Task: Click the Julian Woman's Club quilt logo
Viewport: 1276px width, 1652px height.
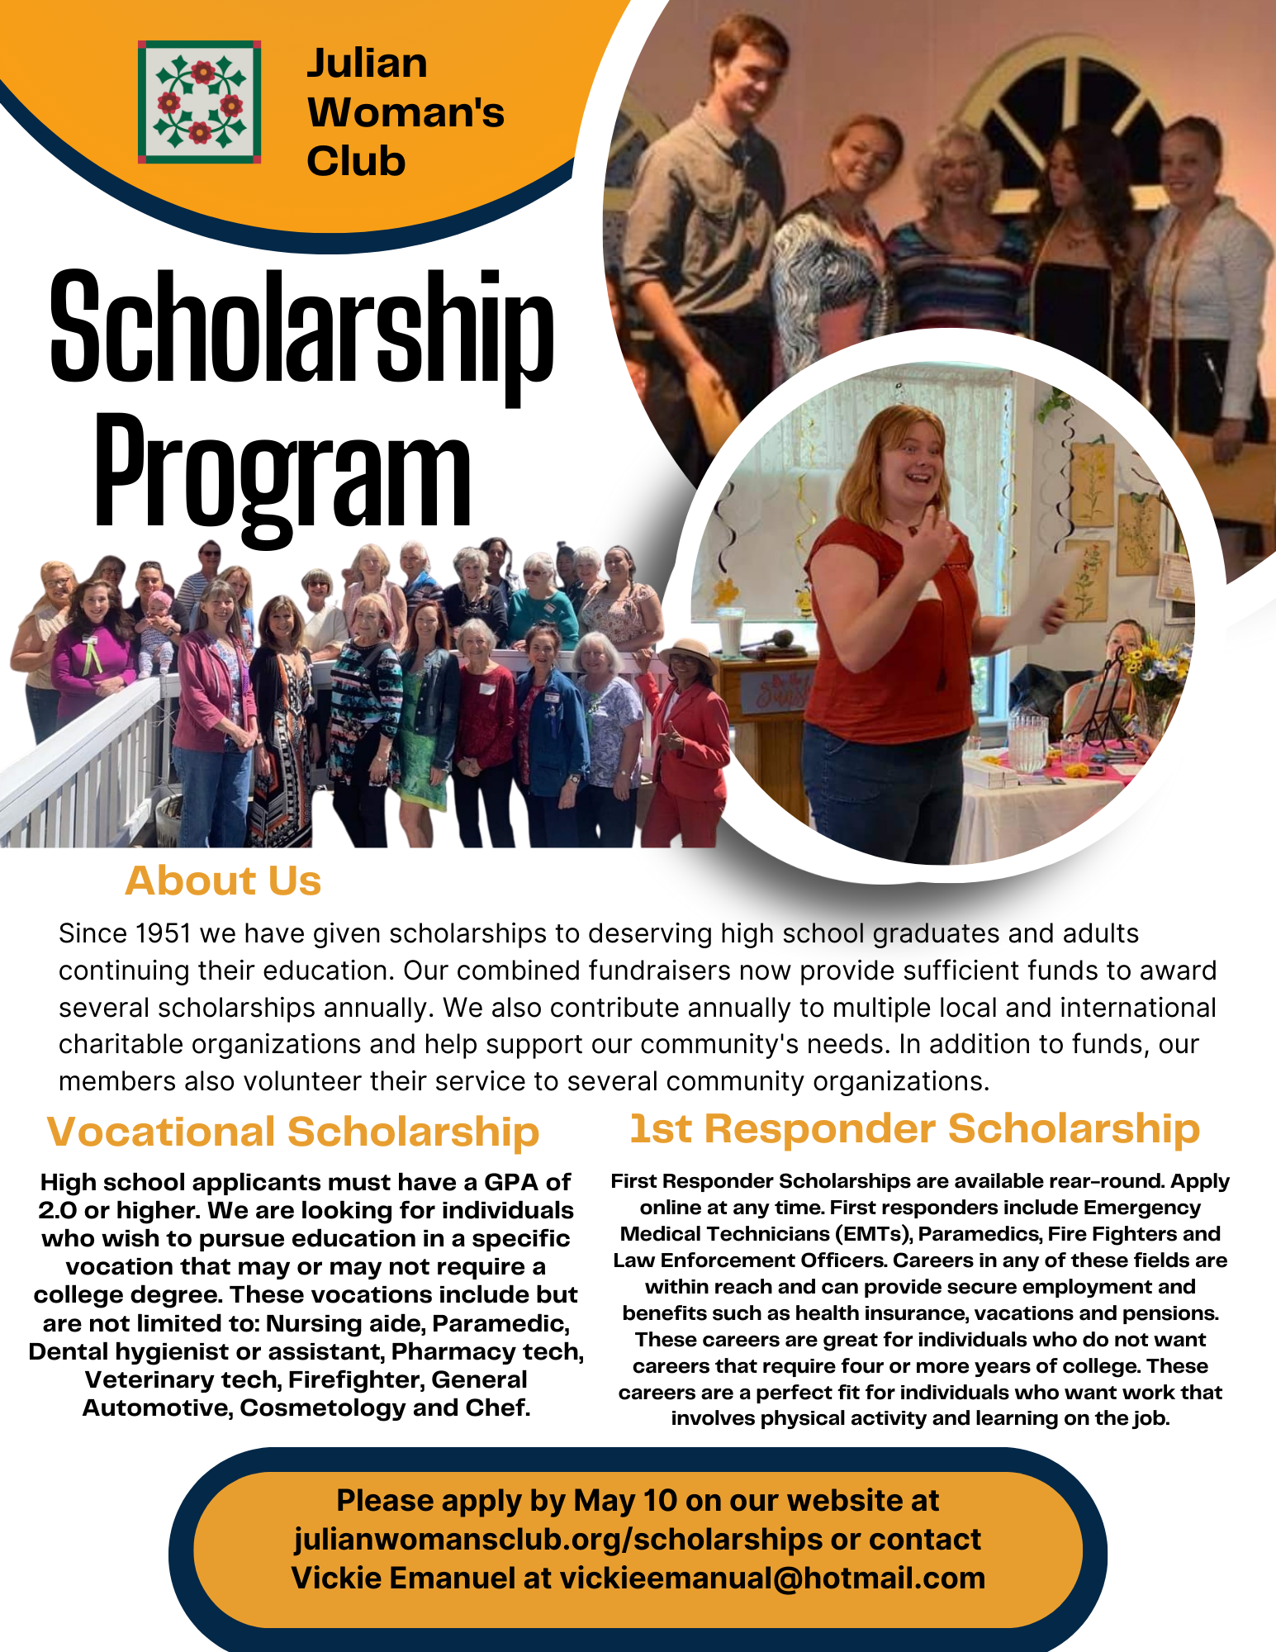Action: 199,102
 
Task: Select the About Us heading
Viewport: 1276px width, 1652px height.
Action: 223,881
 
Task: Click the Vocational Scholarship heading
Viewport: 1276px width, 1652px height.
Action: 293,1132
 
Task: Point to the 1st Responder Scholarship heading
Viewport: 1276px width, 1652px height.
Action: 914,1128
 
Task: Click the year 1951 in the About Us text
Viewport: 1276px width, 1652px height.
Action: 164,933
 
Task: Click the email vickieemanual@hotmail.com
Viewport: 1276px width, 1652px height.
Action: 772,1578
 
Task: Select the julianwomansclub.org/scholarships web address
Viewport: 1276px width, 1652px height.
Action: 557,1539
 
